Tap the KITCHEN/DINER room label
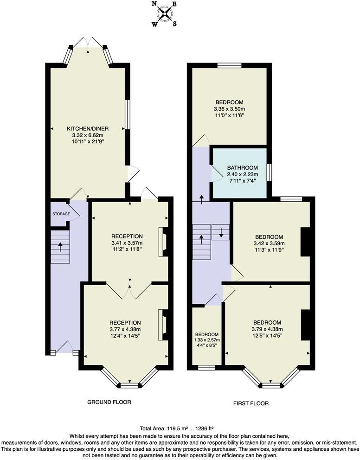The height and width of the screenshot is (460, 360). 88,128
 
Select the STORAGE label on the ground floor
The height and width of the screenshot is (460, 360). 61,214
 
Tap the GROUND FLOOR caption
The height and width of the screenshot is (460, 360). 109,402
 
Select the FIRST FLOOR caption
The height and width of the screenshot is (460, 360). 251,403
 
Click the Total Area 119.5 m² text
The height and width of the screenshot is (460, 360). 176,428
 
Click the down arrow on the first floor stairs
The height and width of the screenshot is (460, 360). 221,232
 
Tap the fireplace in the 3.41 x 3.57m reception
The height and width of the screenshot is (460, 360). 163,242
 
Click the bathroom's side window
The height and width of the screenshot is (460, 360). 269,171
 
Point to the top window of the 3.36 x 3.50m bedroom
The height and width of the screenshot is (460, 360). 229,65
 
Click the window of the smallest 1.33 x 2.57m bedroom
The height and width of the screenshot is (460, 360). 206,368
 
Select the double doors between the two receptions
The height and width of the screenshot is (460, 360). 130,290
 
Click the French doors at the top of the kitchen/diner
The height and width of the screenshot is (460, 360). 88,43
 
